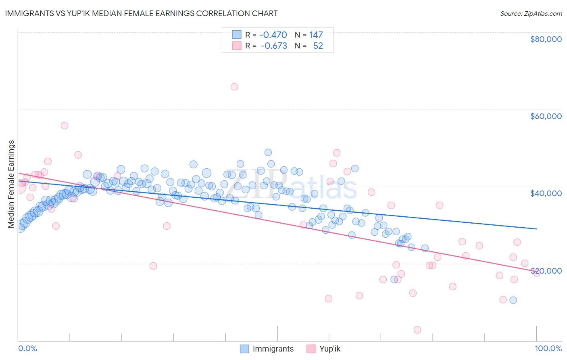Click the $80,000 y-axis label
pos(546,39)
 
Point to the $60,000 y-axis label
pos(546,116)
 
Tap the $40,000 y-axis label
pos(546,193)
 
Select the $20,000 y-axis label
pos(546,271)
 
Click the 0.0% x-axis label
pos(27,348)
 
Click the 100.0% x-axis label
pos(548,348)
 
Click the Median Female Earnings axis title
pos(11,184)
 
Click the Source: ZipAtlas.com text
pos(531,14)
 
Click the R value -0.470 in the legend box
pos(273,35)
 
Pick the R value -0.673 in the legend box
pos(273,46)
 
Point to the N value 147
pos(316,35)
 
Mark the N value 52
pos(318,46)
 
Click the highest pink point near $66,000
pos(234,87)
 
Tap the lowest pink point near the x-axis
pos(417,330)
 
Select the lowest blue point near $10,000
pos(513,300)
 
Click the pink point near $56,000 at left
pos(65,126)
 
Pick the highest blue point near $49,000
pos(268,152)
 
